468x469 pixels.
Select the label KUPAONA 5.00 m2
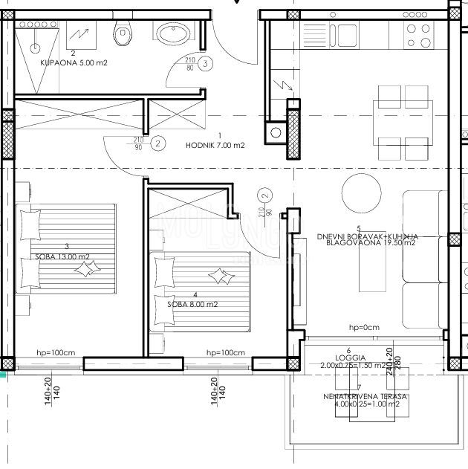74,63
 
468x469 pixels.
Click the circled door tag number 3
205,63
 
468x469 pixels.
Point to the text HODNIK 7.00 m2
215,145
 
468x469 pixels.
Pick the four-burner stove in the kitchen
418,32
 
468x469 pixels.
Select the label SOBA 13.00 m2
62,257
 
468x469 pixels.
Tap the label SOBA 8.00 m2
192,304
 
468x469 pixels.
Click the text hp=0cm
364,328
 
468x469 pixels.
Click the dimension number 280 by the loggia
398,365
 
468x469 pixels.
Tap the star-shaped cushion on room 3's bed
84,272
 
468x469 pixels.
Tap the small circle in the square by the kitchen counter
276,134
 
